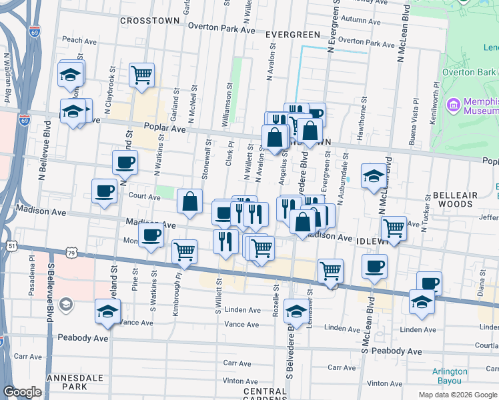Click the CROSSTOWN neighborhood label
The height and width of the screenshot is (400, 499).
tap(150, 21)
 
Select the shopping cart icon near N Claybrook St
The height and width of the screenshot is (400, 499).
tap(142, 76)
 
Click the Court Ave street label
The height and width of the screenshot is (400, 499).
tap(145, 197)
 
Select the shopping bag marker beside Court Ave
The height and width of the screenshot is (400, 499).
tap(190, 201)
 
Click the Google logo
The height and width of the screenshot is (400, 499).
tap(22, 392)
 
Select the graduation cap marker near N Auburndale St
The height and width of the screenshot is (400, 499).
tap(374, 176)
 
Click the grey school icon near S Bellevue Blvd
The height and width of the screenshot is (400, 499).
tap(65, 305)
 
